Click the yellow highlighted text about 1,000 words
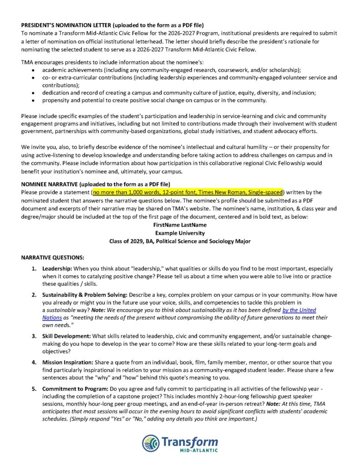(188, 192)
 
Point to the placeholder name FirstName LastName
(180, 225)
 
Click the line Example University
(180, 233)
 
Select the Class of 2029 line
(180, 241)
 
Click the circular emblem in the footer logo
(151, 443)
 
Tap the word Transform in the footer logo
(189, 441)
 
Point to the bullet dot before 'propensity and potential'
(33, 100)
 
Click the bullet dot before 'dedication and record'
(33, 93)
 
